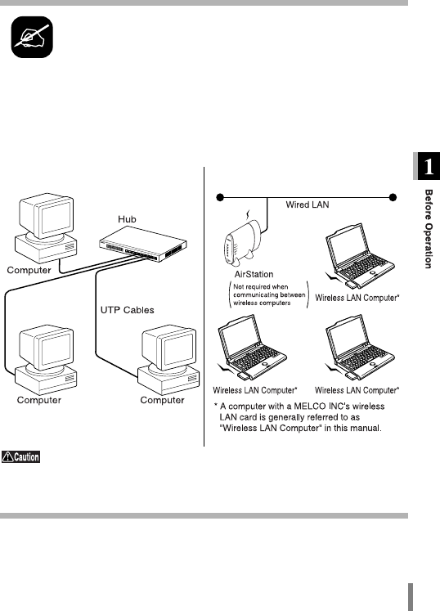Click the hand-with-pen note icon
[32, 37]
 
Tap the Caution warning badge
[20, 456]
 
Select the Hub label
[127, 219]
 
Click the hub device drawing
[143, 245]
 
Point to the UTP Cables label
[128, 310]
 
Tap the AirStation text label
[254, 274]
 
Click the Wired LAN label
[308, 205]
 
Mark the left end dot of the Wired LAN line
[220, 198]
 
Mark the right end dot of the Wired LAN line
[393, 198]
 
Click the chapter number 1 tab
[427, 166]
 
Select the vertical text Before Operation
[429, 229]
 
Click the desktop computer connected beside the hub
[46, 228]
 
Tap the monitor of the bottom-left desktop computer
[47, 347]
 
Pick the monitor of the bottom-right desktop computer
[168, 347]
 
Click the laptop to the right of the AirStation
[359, 256]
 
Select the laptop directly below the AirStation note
[252, 347]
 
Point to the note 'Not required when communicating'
[269, 294]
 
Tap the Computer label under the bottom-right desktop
[162, 400]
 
